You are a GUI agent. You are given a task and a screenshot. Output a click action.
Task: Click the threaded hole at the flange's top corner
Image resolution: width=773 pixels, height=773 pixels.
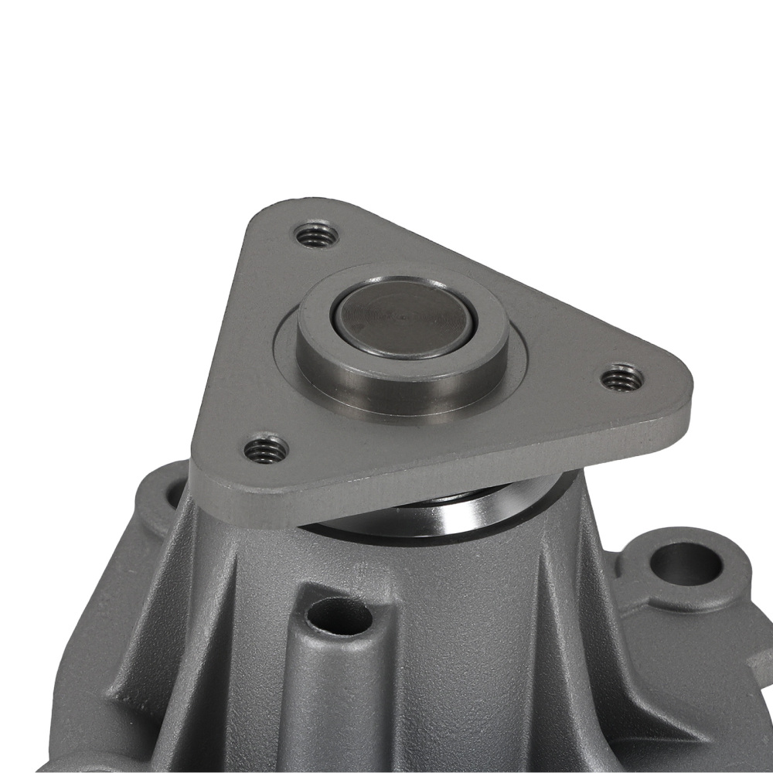click(316, 234)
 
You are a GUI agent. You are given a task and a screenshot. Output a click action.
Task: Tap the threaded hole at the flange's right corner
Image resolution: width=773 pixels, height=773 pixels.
click(622, 378)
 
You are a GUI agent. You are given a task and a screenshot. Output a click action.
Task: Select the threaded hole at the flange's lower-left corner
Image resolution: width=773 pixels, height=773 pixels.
click(266, 449)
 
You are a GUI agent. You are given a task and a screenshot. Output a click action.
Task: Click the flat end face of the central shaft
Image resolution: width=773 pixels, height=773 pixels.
click(402, 317)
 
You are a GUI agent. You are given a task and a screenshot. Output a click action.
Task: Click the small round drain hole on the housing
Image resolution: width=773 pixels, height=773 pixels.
click(339, 615)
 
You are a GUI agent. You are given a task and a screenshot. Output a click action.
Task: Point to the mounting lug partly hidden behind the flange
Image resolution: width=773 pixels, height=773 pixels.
click(166, 495)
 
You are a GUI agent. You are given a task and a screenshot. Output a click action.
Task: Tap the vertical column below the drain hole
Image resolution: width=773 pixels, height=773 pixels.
click(340, 696)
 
